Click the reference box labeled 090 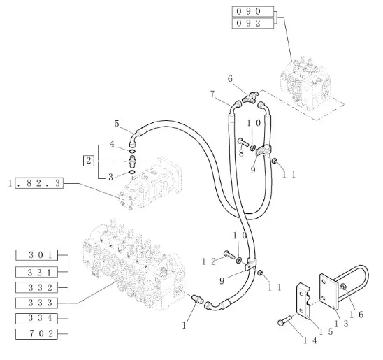252,11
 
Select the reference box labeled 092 252,23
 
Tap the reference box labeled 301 36,255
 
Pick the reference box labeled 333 36,303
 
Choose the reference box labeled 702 36,334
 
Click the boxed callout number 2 89,161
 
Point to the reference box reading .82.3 39,183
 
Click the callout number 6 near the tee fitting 230,79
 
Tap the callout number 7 212,94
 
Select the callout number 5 117,124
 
